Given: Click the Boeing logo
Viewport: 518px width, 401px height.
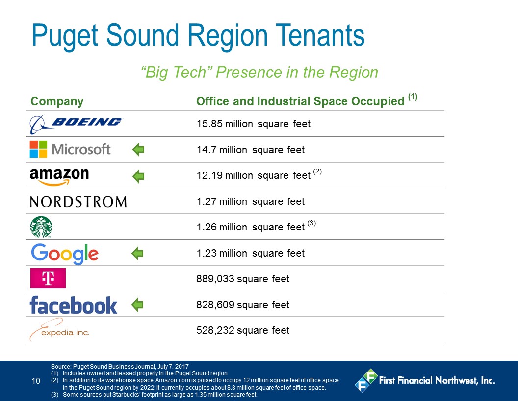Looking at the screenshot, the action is point(76,124).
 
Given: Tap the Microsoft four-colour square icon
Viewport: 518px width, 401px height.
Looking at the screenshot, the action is point(38,149).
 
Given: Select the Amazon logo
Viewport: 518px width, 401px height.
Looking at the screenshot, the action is point(59,176).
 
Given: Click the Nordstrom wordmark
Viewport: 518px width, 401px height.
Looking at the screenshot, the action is point(78,201).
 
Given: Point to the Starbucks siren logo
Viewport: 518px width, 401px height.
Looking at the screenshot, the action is point(41,227).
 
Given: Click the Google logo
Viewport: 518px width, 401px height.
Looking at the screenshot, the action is point(65,254).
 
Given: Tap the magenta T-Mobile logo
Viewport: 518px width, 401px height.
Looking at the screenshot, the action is point(48,278).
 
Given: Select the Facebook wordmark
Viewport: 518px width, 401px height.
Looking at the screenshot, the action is point(74,305).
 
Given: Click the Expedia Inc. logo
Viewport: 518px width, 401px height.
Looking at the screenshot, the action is point(59,330).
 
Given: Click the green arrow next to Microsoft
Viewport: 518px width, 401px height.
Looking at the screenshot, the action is point(138,150).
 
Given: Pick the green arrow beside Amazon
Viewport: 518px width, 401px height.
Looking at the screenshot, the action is point(138,176).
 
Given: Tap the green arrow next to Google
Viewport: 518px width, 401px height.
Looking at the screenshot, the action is point(137,254).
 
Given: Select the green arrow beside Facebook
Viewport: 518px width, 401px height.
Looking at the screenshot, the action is point(137,304).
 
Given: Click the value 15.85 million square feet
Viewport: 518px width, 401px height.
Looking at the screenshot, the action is point(254,124).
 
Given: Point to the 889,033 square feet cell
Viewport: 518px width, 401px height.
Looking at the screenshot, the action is point(243,279).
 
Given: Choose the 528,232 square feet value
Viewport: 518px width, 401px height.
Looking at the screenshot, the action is point(243,330).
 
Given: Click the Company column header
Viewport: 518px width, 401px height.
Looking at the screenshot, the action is point(57,102).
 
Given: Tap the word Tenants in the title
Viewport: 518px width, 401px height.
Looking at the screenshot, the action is point(320,35).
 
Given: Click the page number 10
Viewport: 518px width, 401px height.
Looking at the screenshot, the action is point(36,381).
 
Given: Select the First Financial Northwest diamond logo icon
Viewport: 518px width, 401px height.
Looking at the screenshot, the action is point(366,380).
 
